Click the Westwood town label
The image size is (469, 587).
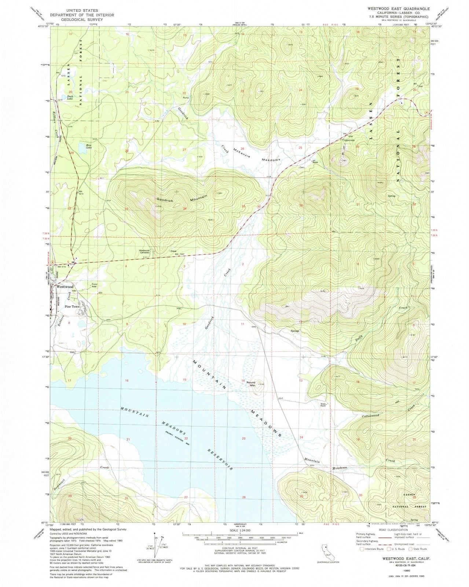click(65, 287)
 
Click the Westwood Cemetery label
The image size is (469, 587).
click(144, 252)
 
